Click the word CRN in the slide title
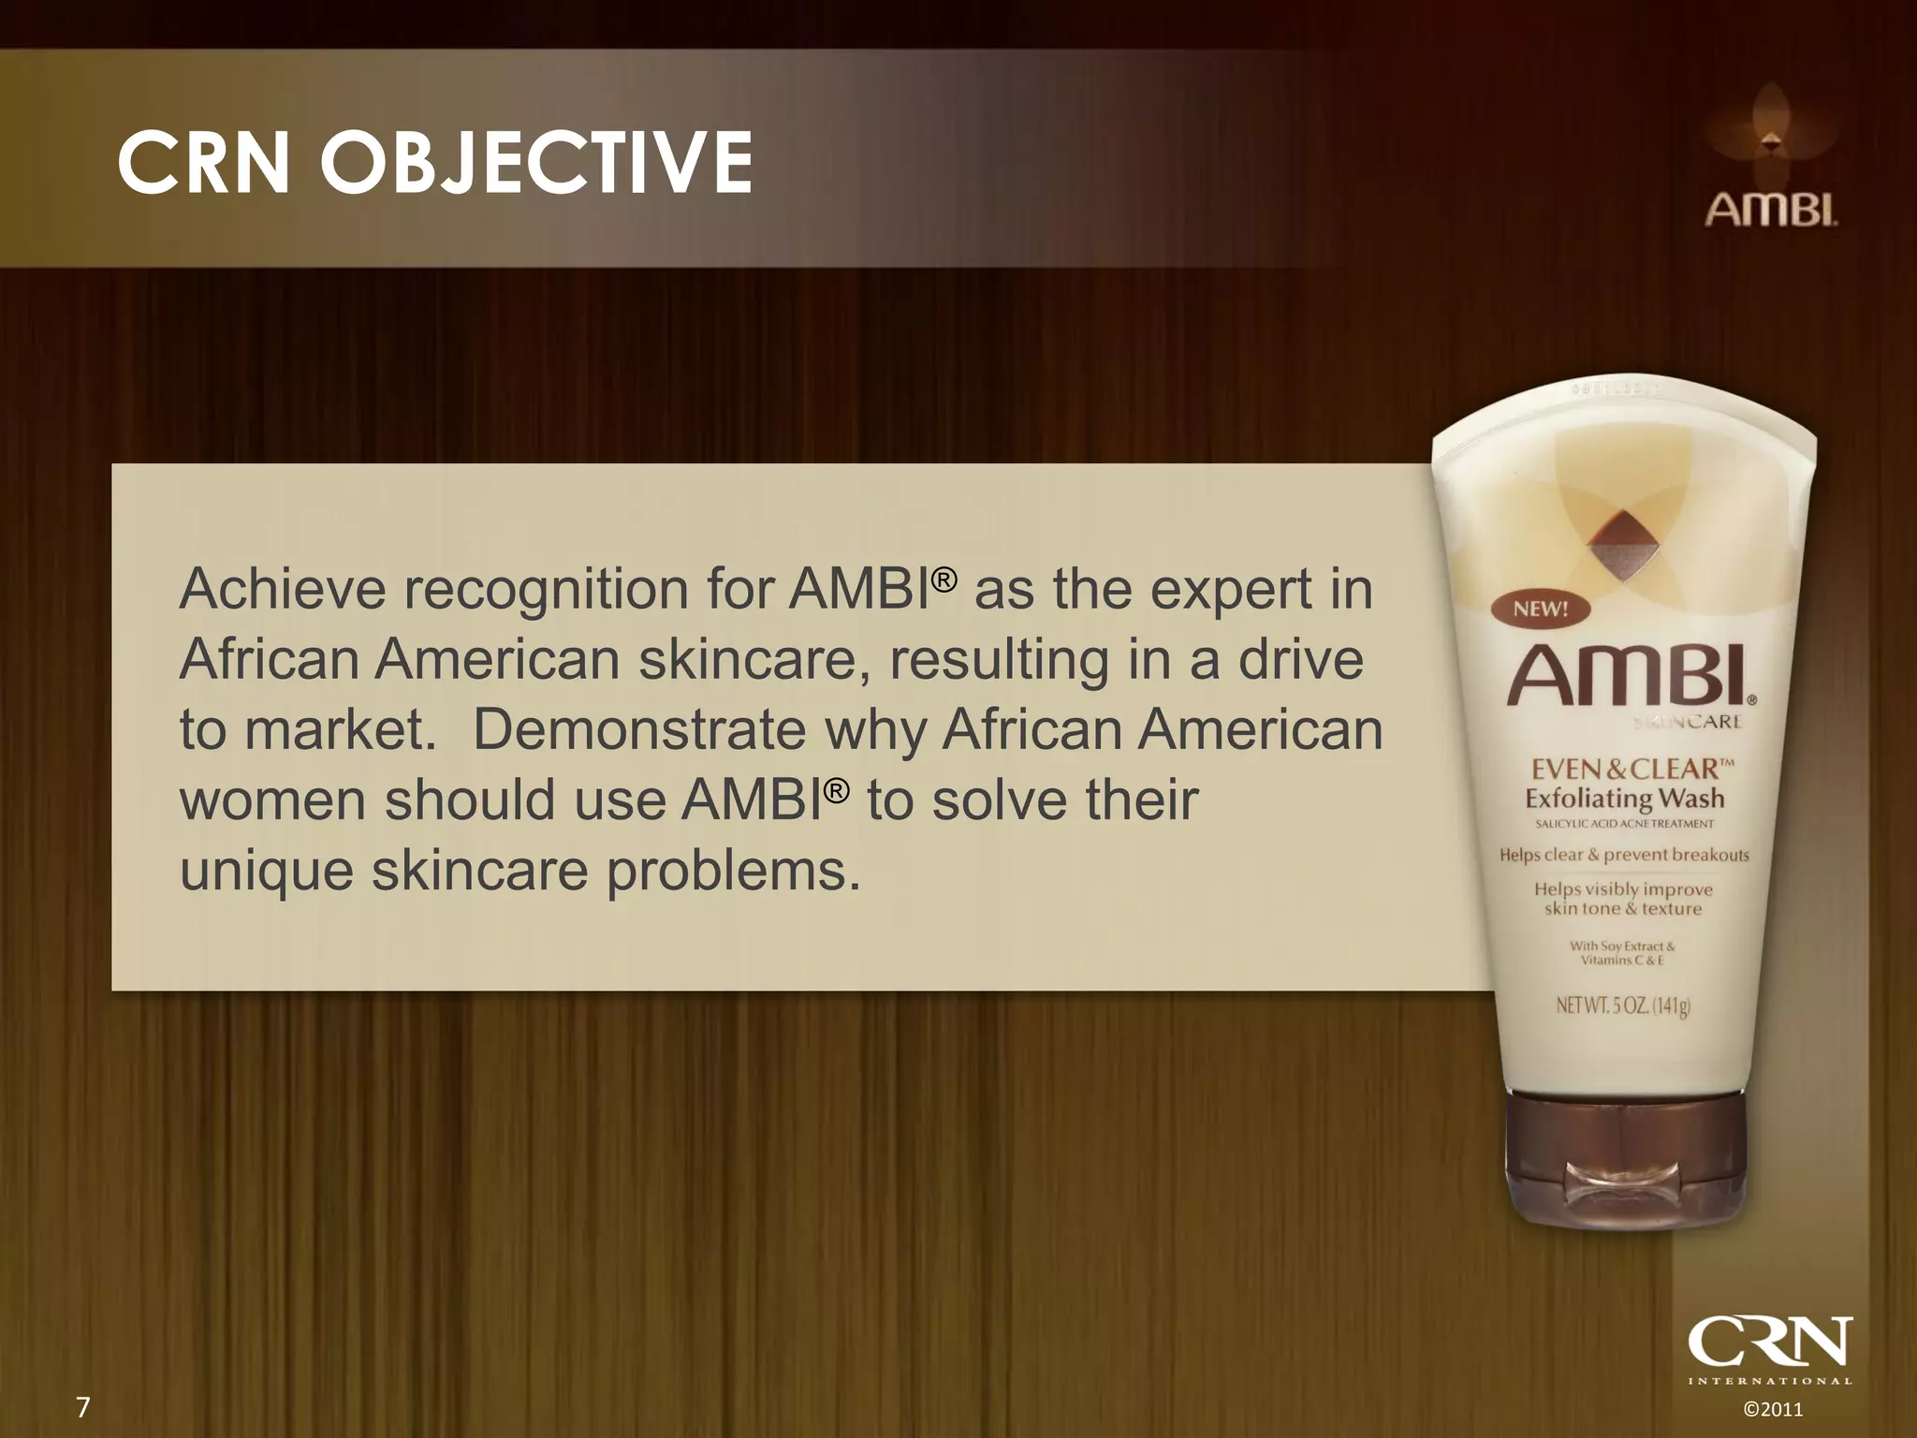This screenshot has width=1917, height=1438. pyautogui.click(x=203, y=163)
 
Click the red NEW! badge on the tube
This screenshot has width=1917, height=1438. pyautogui.click(x=1540, y=609)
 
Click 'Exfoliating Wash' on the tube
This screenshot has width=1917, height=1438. pyautogui.click(x=1625, y=799)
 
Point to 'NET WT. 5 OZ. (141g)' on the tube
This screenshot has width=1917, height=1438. pyautogui.click(x=1623, y=1006)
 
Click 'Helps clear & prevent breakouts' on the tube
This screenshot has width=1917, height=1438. pyautogui.click(x=1624, y=855)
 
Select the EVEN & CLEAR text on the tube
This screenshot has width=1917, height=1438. pyautogui.click(x=1631, y=769)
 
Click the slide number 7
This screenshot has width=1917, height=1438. pyautogui.click(x=82, y=1407)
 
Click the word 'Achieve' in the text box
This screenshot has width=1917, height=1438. pyautogui.click(x=282, y=590)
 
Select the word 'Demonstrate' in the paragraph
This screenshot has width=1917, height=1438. pyautogui.click(x=639, y=730)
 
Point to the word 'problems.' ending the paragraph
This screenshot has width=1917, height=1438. pyautogui.click(x=733, y=872)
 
